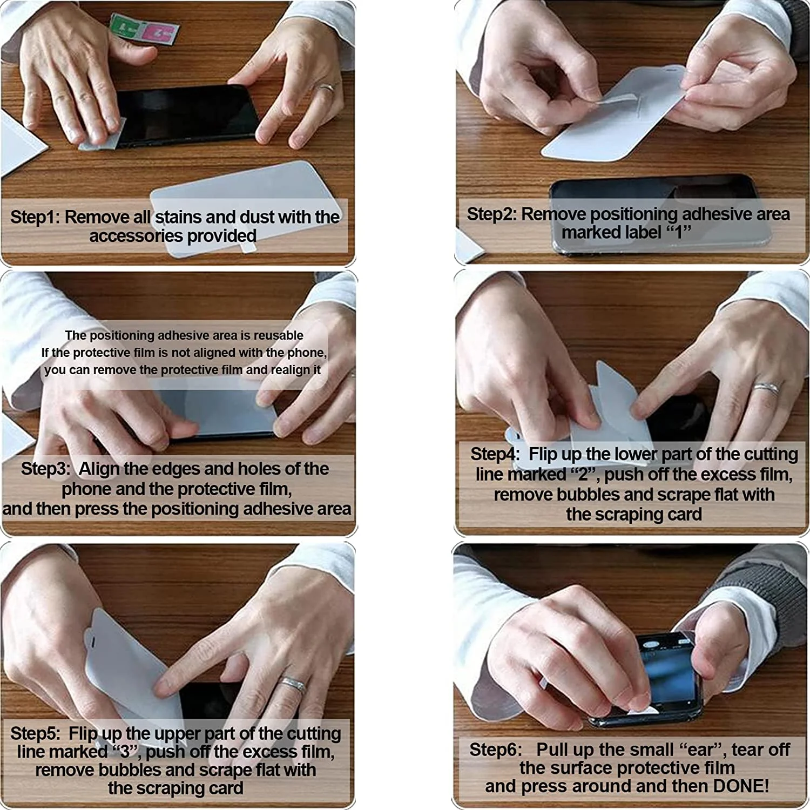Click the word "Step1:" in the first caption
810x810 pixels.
click(x=35, y=217)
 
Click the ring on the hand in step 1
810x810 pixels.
click(x=326, y=87)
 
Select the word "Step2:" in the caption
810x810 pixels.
click(x=491, y=214)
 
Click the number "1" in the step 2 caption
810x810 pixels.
click(x=678, y=233)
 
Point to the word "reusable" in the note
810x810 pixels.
click(x=279, y=335)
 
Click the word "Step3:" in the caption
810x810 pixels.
click(x=46, y=468)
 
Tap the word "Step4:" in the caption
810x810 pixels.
click(x=495, y=454)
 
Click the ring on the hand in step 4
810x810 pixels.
click(x=767, y=388)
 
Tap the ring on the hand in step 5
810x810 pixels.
click(x=293, y=684)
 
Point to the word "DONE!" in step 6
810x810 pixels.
click(x=741, y=786)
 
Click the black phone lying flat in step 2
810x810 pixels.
click(x=659, y=213)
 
